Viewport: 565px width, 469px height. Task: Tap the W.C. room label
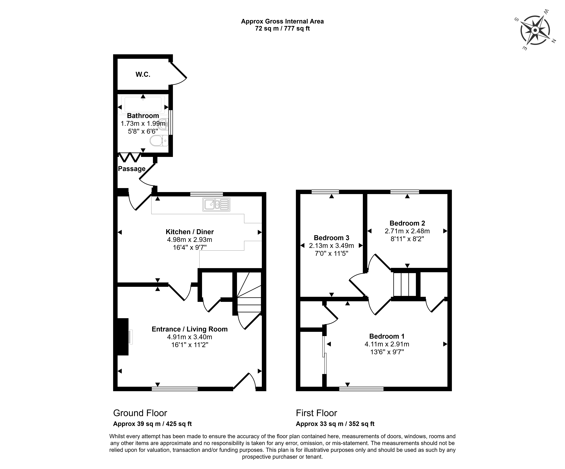pyautogui.click(x=143, y=75)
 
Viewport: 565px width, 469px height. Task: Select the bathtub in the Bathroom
pyautogui.click(x=143, y=104)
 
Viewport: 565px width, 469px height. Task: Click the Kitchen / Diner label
pyautogui.click(x=190, y=232)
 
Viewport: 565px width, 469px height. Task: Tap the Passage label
pyautogui.click(x=132, y=169)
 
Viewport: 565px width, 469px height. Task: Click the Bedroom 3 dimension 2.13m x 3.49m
pyautogui.click(x=331, y=246)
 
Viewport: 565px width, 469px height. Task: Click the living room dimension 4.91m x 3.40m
pyautogui.click(x=190, y=337)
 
